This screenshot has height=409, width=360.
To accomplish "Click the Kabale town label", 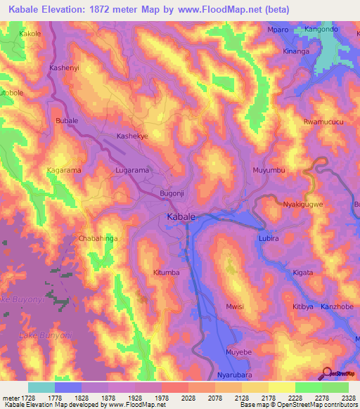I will click(181, 217).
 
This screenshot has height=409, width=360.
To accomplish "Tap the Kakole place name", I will click(30, 33).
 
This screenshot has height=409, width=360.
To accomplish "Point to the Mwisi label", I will click(235, 306).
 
